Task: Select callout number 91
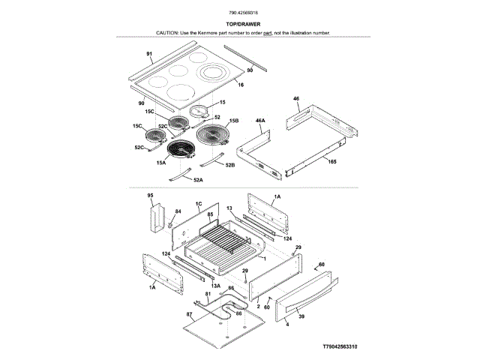(x=149, y=54)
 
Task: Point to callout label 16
(x=241, y=85)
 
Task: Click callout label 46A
(x=260, y=120)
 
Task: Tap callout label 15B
(x=233, y=121)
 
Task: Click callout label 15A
(x=160, y=162)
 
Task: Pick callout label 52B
(x=231, y=164)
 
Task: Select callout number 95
(x=150, y=195)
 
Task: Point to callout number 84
(x=178, y=211)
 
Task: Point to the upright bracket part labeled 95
(x=157, y=218)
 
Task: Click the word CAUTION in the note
(x=168, y=33)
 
